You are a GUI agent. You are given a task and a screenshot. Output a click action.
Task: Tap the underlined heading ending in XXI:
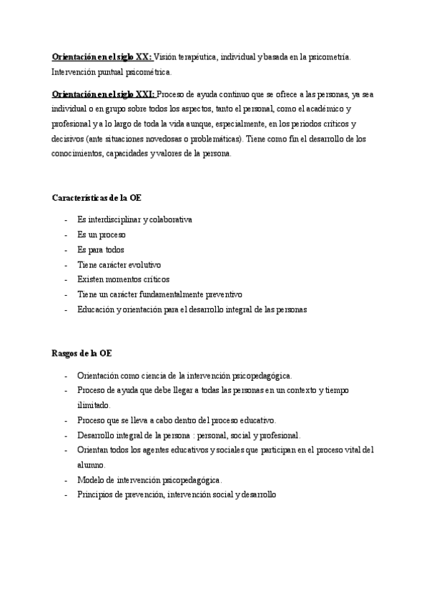[102, 94]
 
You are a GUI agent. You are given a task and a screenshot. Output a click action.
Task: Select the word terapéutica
[202, 56]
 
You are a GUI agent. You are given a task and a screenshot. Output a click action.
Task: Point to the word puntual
[113, 72]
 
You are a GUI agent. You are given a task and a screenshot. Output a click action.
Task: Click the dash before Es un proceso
[65, 235]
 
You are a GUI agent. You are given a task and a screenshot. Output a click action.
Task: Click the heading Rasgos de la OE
[81, 354]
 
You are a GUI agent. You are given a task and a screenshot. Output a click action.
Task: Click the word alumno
[92, 465]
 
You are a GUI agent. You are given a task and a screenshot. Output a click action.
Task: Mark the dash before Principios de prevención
[65, 495]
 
